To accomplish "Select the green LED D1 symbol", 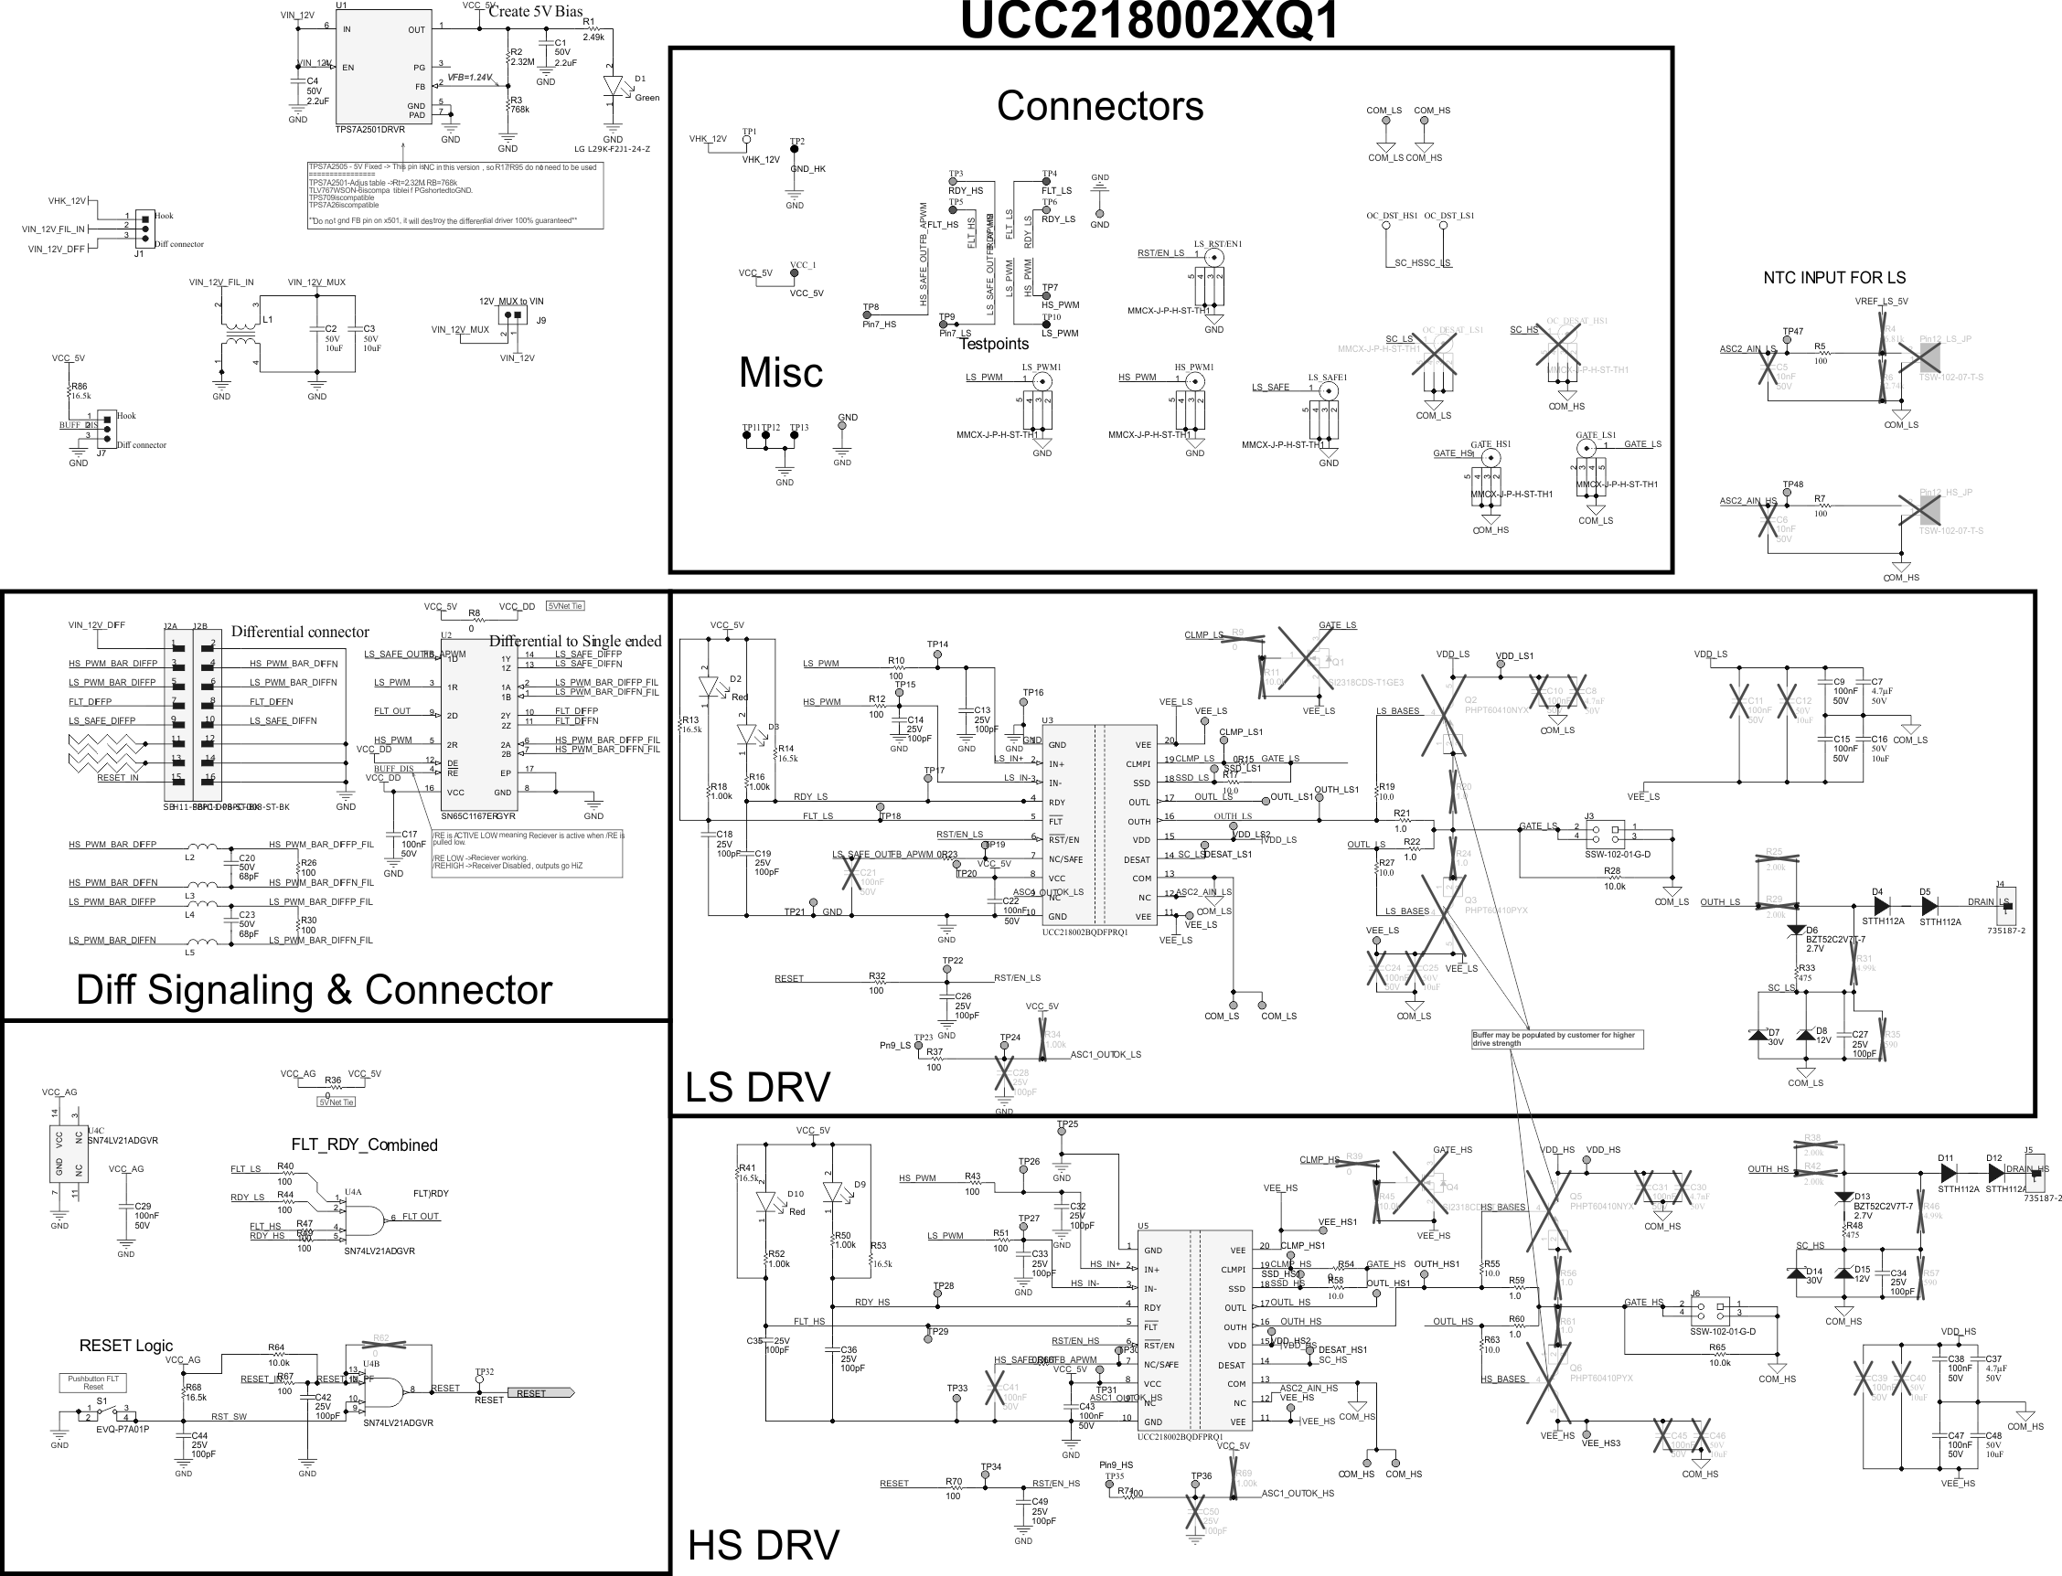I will click(614, 86).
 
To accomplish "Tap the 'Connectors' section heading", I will click(1099, 106).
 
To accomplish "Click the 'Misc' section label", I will click(781, 372).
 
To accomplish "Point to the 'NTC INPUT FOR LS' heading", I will click(1834, 278).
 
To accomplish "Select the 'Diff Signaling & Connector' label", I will click(315, 991).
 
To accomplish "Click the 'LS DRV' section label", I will click(757, 1087).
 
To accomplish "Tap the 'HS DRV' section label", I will click(763, 1545).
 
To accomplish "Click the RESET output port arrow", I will click(540, 1393).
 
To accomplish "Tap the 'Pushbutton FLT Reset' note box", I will click(93, 1383).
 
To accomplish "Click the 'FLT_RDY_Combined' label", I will click(364, 1145).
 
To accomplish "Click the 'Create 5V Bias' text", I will click(535, 11).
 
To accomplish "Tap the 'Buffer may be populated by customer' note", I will click(1556, 1038).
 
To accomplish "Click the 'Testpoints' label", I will click(993, 345).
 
